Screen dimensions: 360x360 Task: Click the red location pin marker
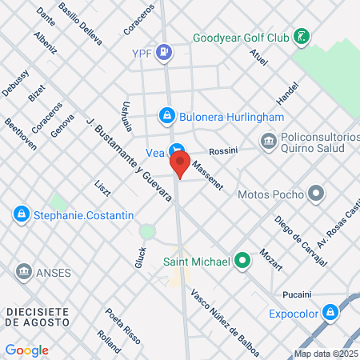tap(181, 166)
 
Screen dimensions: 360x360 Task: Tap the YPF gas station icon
tap(164, 53)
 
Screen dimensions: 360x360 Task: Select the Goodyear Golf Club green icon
tap(302, 37)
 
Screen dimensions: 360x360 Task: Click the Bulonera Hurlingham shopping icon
tap(166, 116)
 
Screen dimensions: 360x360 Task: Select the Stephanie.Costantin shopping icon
tap(21, 214)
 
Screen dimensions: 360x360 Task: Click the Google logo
tap(26, 350)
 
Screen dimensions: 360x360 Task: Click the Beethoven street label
tap(21, 134)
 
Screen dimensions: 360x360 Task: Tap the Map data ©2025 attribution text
tap(326, 353)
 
